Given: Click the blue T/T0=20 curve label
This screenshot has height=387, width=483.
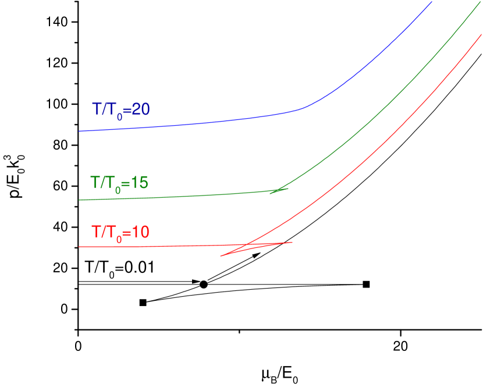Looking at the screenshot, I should pos(120,109).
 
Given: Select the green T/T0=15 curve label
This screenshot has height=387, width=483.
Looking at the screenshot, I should pos(119,182).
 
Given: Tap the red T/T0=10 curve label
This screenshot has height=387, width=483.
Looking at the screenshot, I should pos(120,232).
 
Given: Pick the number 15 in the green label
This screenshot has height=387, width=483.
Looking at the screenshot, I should pos(140,182).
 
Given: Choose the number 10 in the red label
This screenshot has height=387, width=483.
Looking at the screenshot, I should pos(140,232).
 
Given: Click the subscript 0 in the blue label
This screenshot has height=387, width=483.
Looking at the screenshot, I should pos(120,115).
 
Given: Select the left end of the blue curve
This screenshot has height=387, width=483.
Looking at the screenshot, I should pos(80,131).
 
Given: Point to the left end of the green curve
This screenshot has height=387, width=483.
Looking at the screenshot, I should pos(80,200).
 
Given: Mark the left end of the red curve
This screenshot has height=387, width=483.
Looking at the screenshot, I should pos(80,247).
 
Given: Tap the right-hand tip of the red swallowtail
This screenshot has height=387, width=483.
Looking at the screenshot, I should pos(292,242).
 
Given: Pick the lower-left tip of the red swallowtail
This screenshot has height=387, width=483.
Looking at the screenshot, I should pos(221,256).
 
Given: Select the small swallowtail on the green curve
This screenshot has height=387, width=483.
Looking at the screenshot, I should pos(279,190).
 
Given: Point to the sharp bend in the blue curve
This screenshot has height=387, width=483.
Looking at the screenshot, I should pos(303,108).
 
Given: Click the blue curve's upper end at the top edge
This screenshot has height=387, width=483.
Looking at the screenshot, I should pos(432,2).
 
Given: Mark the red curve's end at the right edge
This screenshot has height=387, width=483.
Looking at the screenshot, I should pos(481,35).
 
